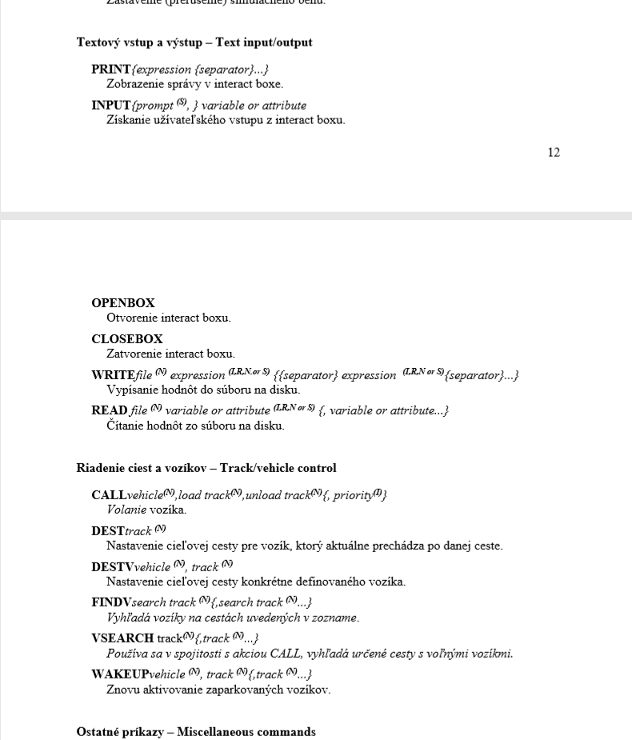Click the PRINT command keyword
[x=111, y=70]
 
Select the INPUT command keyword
[x=111, y=106]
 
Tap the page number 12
[x=554, y=153]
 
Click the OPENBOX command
[x=123, y=304]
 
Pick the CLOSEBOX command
[x=127, y=339]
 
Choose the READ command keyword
[x=110, y=410]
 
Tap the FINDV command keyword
[x=111, y=602]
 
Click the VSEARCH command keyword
[x=122, y=638]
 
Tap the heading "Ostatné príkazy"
[x=122, y=732]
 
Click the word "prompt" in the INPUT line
[x=154, y=106]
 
